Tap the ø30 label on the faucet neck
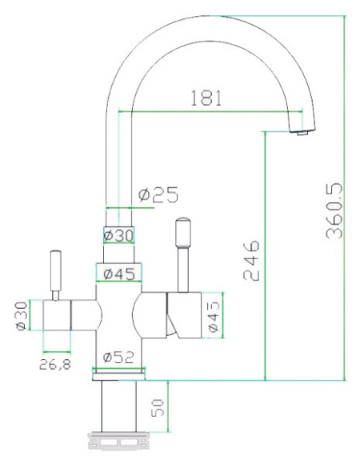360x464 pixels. pyautogui.click(x=118, y=235)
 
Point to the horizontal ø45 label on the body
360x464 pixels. pyautogui.click(x=119, y=274)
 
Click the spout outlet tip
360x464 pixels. pyautogui.click(x=301, y=133)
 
